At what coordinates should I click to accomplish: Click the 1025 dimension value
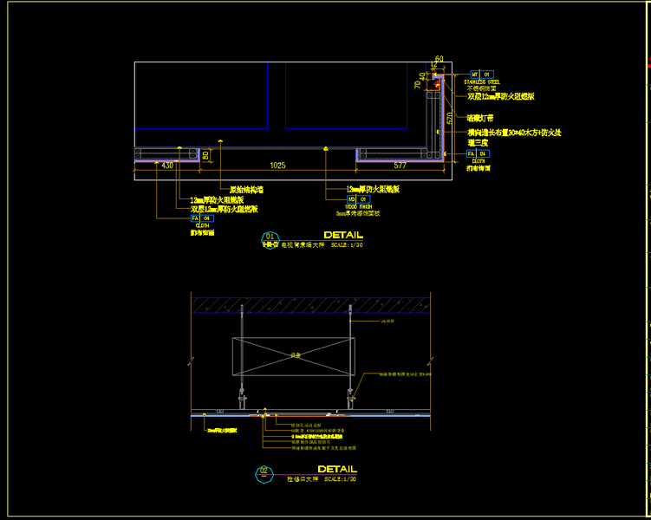click(277, 165)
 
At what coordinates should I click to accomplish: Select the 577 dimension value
click(400, 165)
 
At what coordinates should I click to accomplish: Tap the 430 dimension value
click(167, 165)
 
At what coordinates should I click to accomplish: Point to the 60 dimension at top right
click(439, 59)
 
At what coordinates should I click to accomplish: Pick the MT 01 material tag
click(481, 75)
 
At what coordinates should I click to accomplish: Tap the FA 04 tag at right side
click(478, 153)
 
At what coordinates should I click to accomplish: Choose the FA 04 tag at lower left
click(201, 218)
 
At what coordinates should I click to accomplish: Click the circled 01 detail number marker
click(270, 236)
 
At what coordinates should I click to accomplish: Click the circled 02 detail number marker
click(264, 471)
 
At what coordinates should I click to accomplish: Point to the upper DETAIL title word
click(343, 235)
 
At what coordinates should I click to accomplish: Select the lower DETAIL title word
click(337, 470)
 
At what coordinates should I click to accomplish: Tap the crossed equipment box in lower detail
click(294, 355)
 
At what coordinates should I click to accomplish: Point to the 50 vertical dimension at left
click(205, 156)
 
